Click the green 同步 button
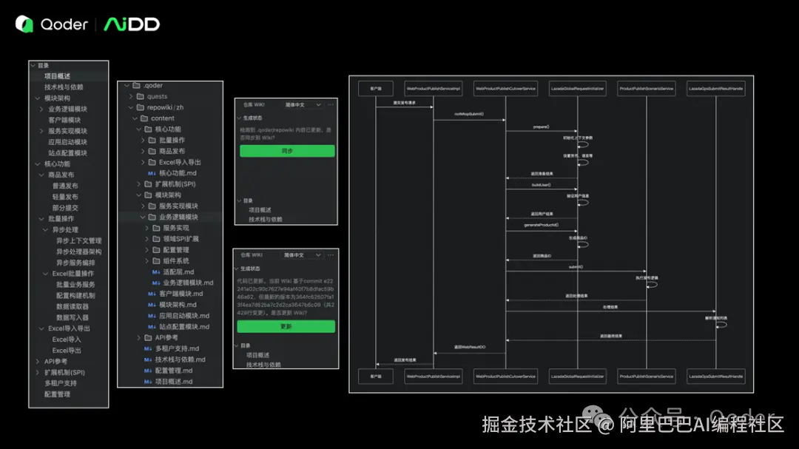[x=287, y=151]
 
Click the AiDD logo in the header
[x=132, y=24]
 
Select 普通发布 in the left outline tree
[x=65, y=186]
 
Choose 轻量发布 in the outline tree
[x=65, y=197]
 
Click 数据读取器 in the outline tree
[x=73, y=306]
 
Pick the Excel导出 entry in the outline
[x=67, y=350]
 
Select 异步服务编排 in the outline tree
[x=75, y=263]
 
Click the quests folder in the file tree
[x=157, y=96]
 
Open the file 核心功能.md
[x=178, y=173]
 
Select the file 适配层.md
[x=178, y=271]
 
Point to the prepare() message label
[x=541, y=127]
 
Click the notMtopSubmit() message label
[x=469, y=114]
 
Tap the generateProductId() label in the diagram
[x=541, y=224]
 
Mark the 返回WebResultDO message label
[x=469, y=346]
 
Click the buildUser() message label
[x=541, y=185]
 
